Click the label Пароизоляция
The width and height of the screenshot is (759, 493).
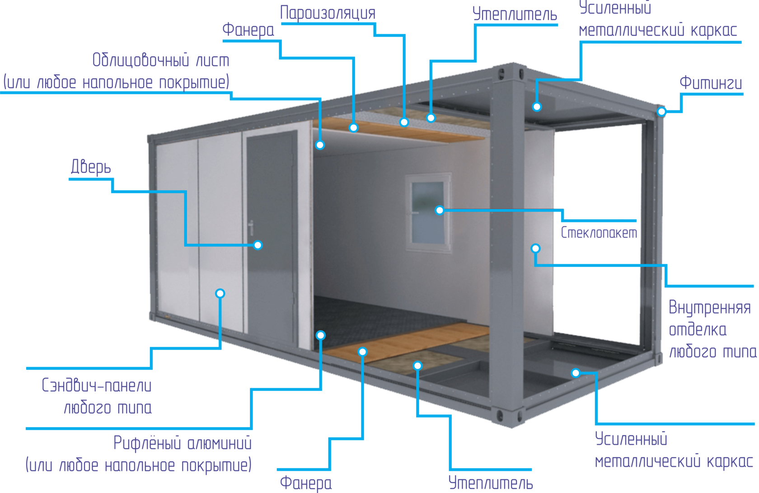[x=328, y=13]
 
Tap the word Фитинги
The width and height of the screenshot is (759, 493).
[x=710, y=83]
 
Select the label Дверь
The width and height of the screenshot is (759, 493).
[x=91, y=167]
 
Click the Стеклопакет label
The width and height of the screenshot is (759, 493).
[x=599, y=233]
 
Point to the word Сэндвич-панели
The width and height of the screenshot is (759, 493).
[x=97, y=385]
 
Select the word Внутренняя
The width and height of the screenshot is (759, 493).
[x=709, y=308]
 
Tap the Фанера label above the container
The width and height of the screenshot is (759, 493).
[x=248, y=30]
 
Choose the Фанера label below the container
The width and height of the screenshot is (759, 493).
[x=305, y=483]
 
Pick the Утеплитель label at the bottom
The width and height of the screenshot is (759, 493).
[x=491, y=483]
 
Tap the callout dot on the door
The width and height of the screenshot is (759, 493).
[x=258, y=245]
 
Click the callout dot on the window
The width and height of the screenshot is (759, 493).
[x=440, y=210]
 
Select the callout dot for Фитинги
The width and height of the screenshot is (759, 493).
[x=661, y=111]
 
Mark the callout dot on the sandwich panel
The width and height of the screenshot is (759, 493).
[x=220, y=293]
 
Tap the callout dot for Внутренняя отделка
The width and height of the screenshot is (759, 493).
[x=535, y=248]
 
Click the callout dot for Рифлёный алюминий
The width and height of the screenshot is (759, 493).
[x=320, y=335]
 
